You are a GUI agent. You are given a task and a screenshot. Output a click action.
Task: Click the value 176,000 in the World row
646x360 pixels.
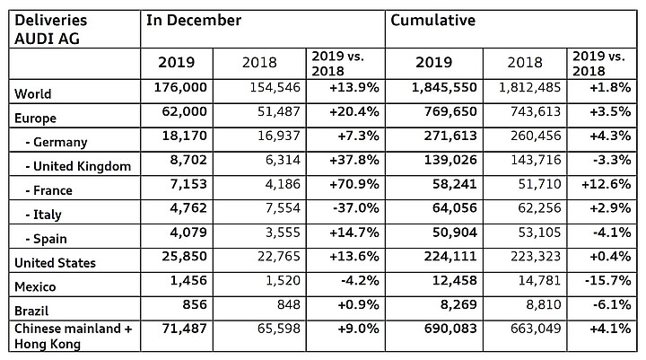[x=180, y=87]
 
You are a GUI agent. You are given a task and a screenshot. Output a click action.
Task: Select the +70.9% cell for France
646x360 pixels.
[x=354, y=184]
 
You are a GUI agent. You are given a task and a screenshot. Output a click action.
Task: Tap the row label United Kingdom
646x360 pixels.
[x=78, y=166]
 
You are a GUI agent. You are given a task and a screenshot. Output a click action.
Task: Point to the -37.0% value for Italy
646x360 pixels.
[x=356, y=208]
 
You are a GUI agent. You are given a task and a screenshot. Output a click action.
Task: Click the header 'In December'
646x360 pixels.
[x=194, y=21]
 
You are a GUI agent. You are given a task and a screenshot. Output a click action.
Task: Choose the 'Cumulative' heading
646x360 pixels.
[x=432, y=21]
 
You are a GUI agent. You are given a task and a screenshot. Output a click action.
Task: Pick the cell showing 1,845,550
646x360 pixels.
[x=444, y=87]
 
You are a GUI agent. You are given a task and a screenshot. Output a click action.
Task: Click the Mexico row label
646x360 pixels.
[x=35, y=286]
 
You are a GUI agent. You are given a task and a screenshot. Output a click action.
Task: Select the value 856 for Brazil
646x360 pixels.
[x=195, y=304]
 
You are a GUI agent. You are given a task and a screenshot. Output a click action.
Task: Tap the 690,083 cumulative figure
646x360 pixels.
[x=450, y=329]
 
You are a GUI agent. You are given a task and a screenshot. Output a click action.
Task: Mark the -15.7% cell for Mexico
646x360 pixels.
[x=607, y=280]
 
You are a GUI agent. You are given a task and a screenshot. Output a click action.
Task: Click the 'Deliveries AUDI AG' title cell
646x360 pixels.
[x=51, y=30]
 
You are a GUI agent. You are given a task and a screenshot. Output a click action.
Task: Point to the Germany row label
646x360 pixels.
[x=57, y=142]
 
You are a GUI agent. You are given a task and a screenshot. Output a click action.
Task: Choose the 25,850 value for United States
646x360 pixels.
[x=184, y=256]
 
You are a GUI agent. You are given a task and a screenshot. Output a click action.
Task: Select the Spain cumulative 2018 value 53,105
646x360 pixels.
[x=540, y=233]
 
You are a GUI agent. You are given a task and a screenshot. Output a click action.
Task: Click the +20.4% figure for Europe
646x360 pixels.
[x=354, y=111]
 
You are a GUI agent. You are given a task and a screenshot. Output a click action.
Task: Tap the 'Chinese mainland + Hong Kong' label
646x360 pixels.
[x=74, y=336]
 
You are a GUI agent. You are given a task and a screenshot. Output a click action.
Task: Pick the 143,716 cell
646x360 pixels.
[x=536, y=160]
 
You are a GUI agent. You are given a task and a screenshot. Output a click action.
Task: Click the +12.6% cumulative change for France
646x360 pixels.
[x=606, y=184]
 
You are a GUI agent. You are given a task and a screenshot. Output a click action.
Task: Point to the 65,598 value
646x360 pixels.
[x=279, y=329]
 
